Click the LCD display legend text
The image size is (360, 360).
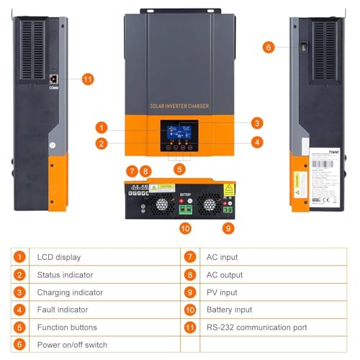point(59,257)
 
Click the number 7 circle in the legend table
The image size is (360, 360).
point(190,257)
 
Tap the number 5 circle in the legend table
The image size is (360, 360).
point(21,328)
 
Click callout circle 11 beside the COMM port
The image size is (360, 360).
point(88,79)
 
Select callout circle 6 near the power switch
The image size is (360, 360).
point(269,47)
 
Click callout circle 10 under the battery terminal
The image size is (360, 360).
point(185,229)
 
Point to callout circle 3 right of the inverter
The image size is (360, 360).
point(256,123)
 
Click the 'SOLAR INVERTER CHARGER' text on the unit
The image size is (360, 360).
point(179,107)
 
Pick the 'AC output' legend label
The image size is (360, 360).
point(223,274)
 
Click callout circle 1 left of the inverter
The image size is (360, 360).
point(103,127)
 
